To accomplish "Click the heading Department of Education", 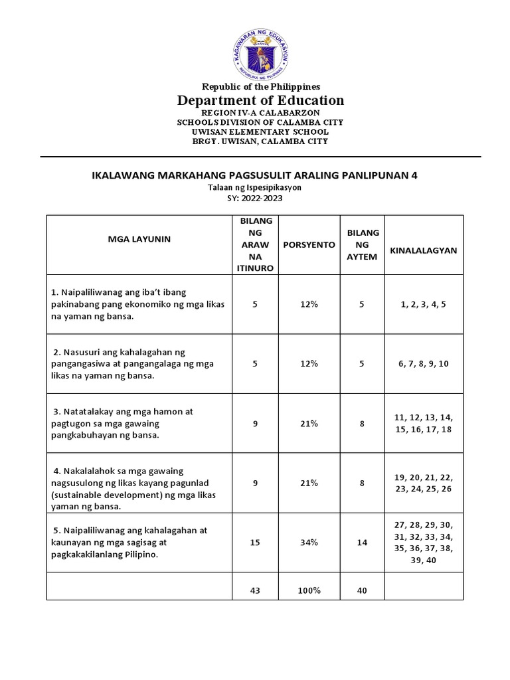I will tap(260, 100).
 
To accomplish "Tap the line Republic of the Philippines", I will tap(260, 86).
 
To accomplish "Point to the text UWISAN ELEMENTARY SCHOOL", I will tap(260, 131).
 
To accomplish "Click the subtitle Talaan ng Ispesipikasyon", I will tap(254, 188).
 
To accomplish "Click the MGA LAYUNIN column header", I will tap(139, 239).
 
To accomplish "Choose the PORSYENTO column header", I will tap(309, 244).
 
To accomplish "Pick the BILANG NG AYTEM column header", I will tap(362, 244).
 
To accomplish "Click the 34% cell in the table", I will tap(309, 543).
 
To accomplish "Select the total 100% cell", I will tap(309, 590).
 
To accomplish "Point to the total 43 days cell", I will tap(255, 590).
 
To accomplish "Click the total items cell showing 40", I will tap(362, 590).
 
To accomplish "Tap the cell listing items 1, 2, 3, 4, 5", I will tap(424, 304).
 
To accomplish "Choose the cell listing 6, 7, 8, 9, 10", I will tap(424, 363).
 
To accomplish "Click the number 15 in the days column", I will tap(255, 543).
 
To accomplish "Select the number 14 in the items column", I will tap(362, 543).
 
